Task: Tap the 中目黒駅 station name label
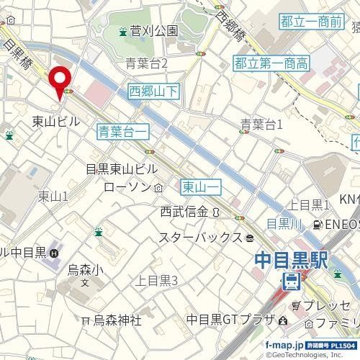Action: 289,258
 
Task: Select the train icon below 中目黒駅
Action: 292,280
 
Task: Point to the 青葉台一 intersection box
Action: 123,130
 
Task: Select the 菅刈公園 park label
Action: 153,32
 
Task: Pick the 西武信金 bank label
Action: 184,212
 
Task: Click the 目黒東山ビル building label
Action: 120,170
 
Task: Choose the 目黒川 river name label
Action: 282,222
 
